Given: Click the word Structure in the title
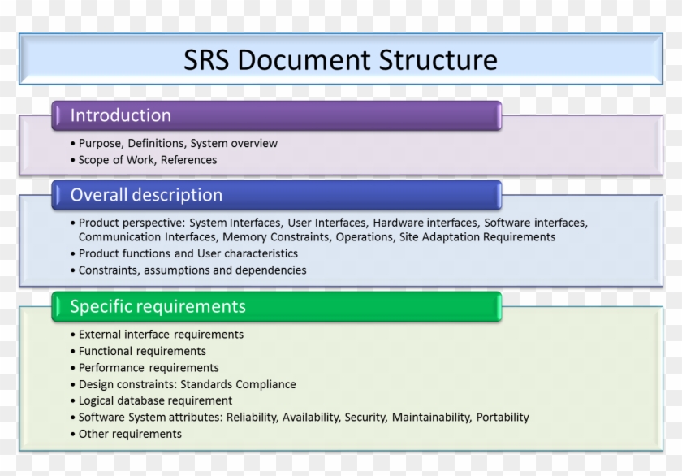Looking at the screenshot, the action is click(438, 59).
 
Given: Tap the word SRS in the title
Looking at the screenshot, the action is click(206, 59).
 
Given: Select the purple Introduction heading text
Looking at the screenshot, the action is click(120, 115).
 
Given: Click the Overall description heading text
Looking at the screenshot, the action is click(146, 195).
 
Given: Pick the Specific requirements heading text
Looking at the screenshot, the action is click(158, 307).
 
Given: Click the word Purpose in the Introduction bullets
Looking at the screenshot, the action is click(100, 143).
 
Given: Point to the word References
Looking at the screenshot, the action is click(188, 160).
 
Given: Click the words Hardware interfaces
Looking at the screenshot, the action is click(425, 223).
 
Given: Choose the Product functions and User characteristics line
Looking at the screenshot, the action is click(188, 253).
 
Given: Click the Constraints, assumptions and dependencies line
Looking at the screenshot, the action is click(192, 270).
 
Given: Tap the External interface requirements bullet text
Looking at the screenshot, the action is click(161, 334).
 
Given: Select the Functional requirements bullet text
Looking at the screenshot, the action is click(142, 351).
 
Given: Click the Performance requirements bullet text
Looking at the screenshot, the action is click(149, 368).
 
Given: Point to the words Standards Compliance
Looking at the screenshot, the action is click(238, 384).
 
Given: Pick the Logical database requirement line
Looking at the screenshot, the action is click(155, 400).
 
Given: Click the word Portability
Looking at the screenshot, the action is click(503, 417).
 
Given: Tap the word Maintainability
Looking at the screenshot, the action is click(431, 417).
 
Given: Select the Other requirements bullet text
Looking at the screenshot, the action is click(130, 434).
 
